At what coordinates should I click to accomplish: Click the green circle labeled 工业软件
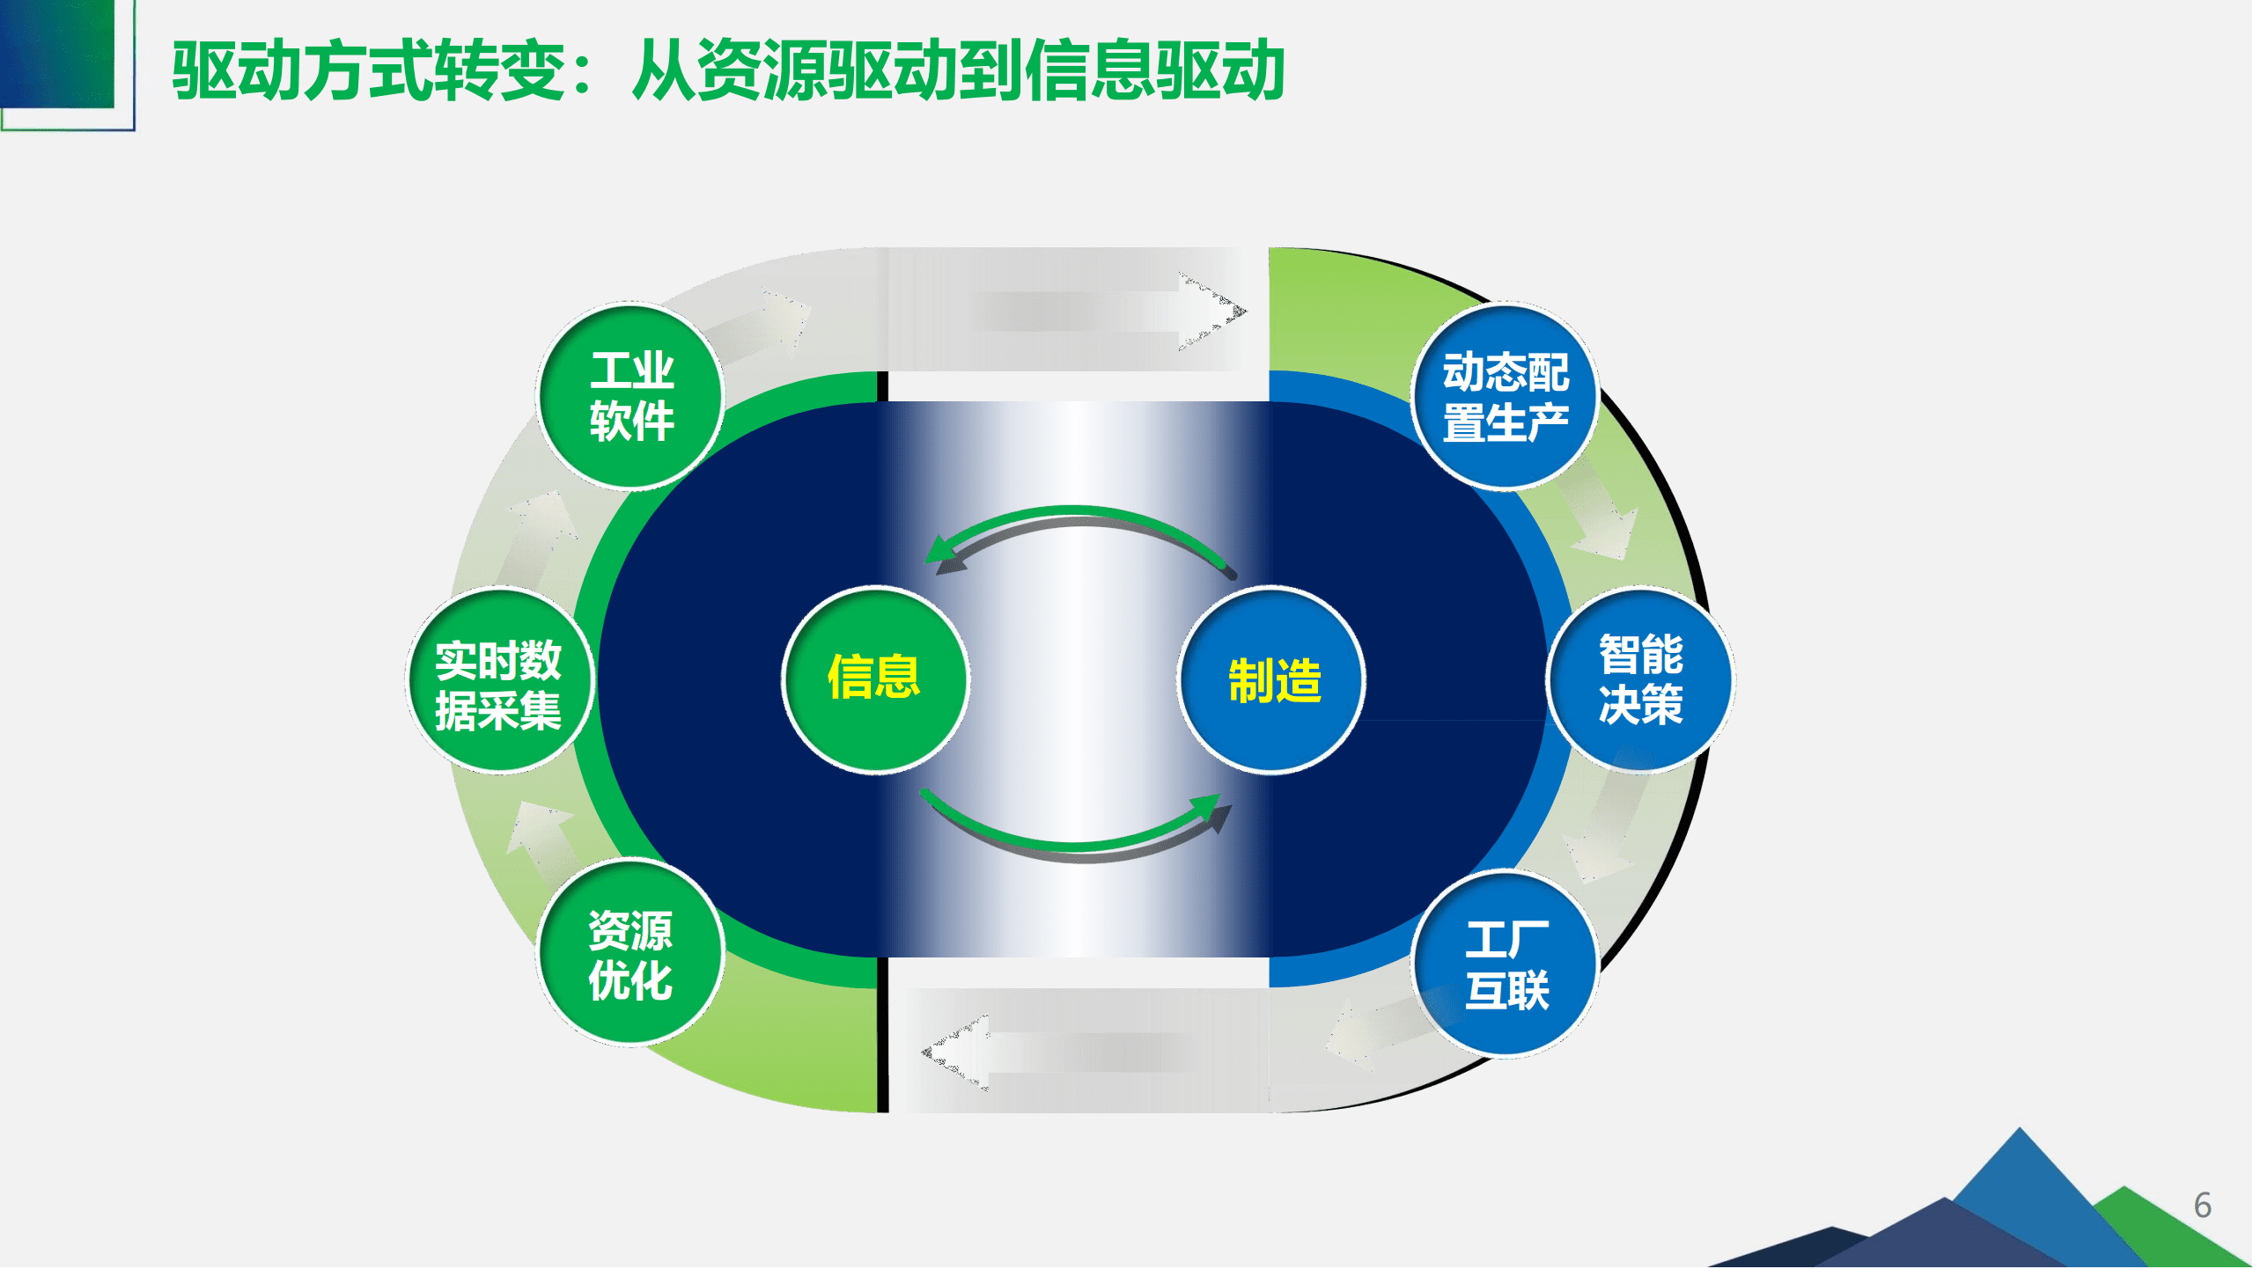tap(630, 396)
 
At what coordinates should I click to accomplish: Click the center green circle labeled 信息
tap(874, 679)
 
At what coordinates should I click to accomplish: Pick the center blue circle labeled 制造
tap(1272, 680)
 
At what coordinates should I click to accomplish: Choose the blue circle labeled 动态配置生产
tap(1505, 396)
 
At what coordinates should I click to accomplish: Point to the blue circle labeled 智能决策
tap(1640, 680)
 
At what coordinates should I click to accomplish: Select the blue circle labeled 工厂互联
tap(1506, 965)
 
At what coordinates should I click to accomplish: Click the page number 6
tap(2202, 1206)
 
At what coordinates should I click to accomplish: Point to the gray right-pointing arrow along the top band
tap(1109, 311)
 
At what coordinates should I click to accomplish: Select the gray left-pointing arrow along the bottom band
tap(1057, 1053)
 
